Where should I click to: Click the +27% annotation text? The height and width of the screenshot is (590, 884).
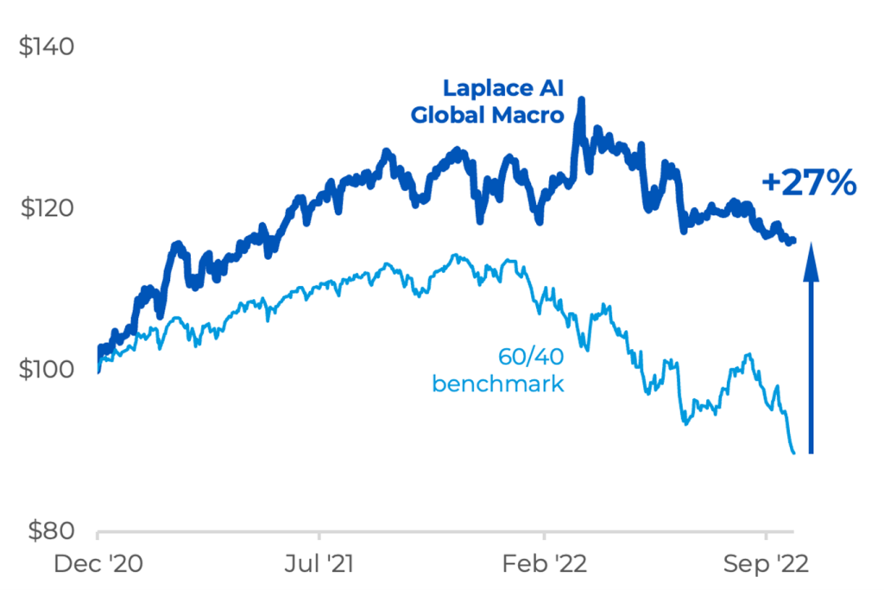coord(809,183)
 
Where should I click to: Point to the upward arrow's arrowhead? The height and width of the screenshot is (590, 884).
coord(811,257)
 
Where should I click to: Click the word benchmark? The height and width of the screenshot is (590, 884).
coord(498,383)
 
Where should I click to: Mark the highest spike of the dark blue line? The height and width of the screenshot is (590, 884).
coord(581,100)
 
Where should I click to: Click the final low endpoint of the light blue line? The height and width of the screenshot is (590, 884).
coord(794,453)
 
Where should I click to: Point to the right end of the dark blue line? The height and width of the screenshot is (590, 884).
coord(794,240)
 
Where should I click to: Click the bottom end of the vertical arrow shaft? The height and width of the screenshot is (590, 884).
coord(811,451)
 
